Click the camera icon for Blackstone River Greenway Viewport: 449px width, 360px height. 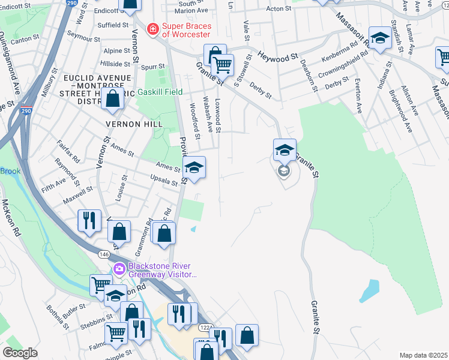119,269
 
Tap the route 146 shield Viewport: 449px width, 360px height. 104,255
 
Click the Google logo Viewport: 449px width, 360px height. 20,353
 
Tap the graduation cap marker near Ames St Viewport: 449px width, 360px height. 194,168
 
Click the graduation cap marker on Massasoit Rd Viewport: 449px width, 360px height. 379,39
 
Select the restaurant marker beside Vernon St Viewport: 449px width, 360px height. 88,220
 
